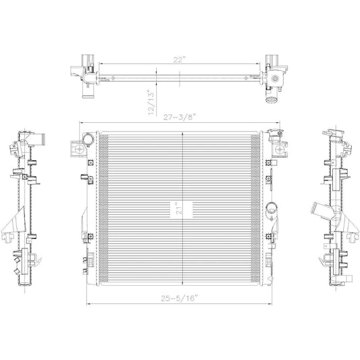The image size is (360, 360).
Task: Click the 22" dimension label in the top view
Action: [179, 59]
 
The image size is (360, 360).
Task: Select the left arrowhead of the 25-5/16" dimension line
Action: [88, 303]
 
